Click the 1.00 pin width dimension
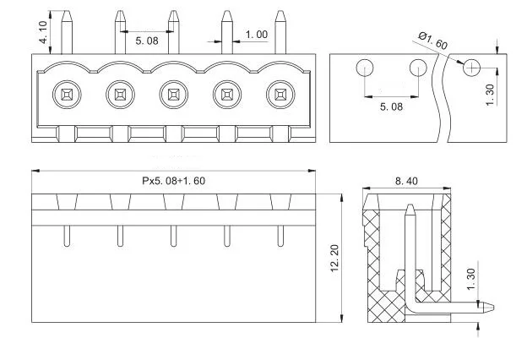257,35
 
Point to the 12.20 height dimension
334,258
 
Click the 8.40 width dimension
406,180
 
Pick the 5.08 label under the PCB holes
391,106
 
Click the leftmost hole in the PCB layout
365,68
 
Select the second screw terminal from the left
119,92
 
